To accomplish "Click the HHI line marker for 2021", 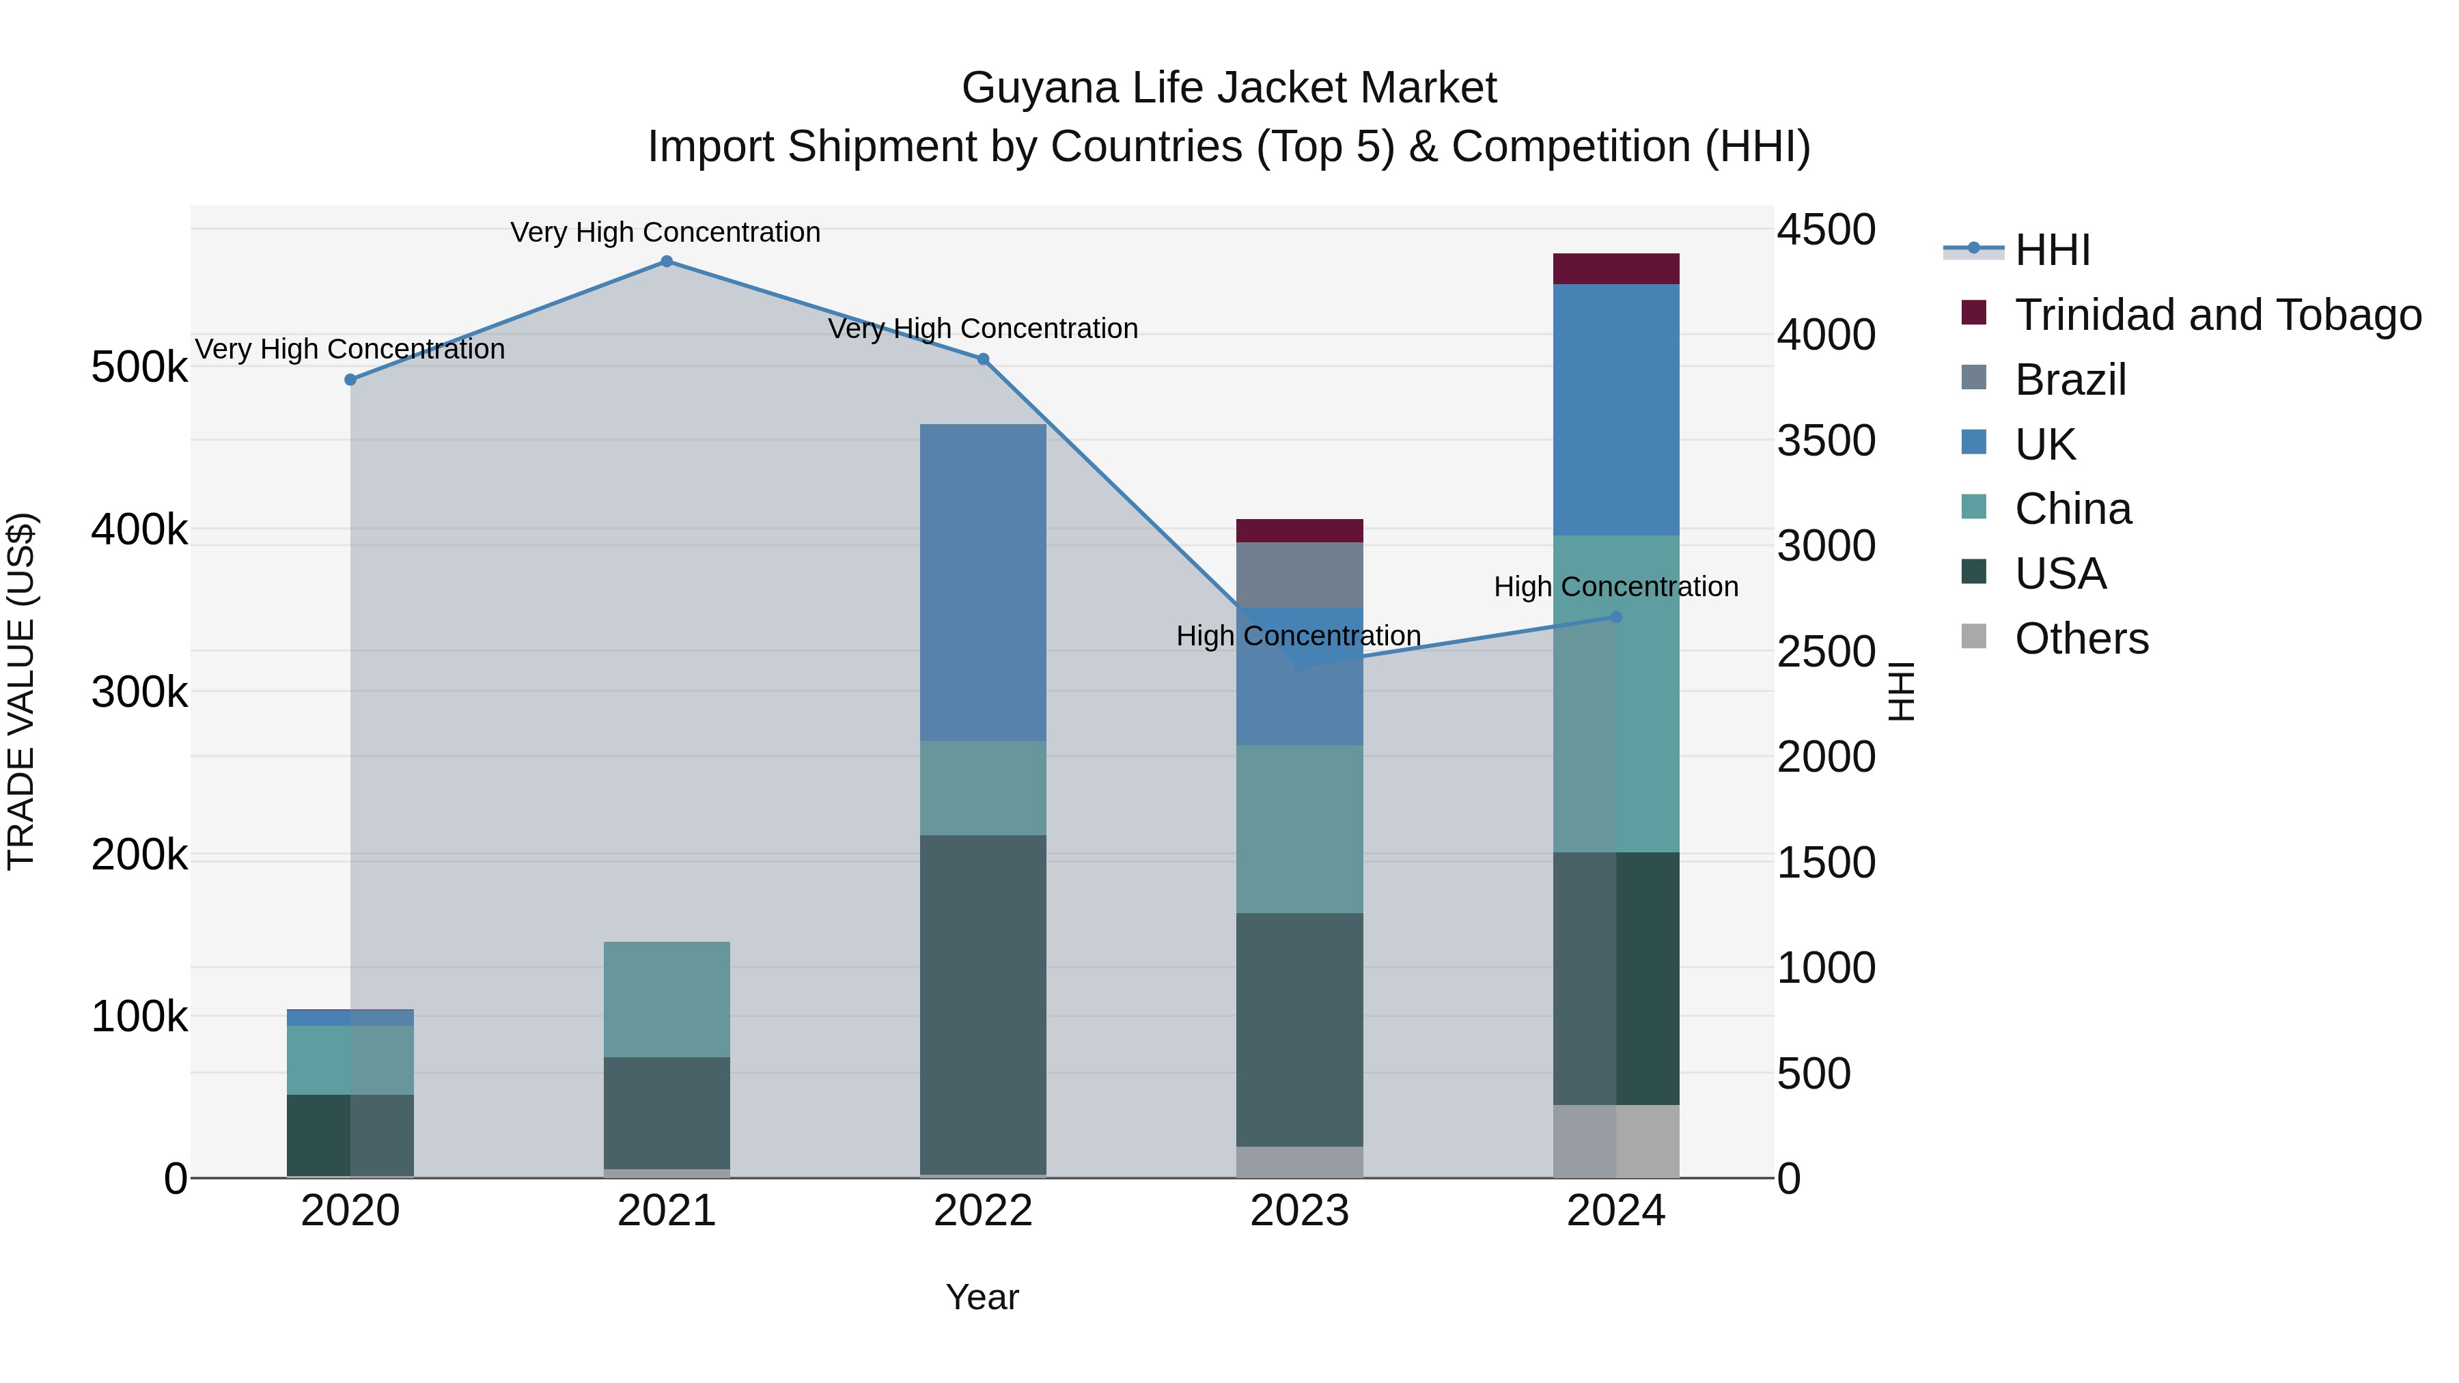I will (666, 262).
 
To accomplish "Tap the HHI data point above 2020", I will (350, 380).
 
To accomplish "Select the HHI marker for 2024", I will (1615, 617).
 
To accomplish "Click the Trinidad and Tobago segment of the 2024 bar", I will (1615, 269).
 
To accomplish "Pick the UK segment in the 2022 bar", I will (982, 582).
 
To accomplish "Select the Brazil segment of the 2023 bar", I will (1299, 574).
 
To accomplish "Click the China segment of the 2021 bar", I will (666, 998).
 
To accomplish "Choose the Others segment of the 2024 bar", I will (1615, 1141).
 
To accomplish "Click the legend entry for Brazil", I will (2070, 380).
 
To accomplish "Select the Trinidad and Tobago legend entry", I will (2217, 315).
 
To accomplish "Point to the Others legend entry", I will (2081, 639).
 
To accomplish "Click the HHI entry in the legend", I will (2053, 250).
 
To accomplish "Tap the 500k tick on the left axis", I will (139, 367).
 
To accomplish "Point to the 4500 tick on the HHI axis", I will (1826, 230).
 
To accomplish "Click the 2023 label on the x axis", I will (1299, 1211).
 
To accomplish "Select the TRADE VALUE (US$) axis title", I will (22, 691).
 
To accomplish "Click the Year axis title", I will (982, 1297).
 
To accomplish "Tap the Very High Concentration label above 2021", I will (665, 232).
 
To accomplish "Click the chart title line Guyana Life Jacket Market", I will (1229, 88).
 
